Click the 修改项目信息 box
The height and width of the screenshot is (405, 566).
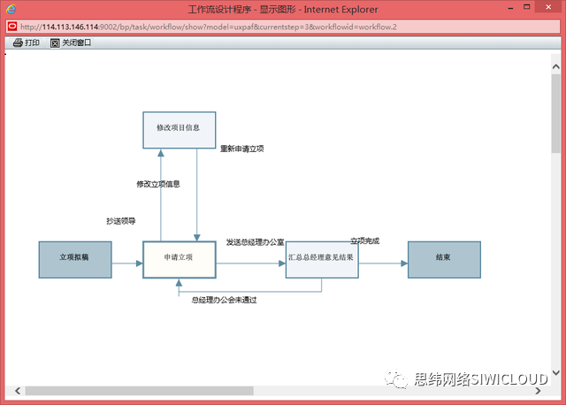[x=179, y=128]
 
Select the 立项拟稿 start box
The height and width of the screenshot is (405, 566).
[x=75, y=259]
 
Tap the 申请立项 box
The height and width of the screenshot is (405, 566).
[x=180, y=259]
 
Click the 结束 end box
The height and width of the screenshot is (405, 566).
[x=444, y=259]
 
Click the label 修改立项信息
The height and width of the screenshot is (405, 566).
[x=158, y=185]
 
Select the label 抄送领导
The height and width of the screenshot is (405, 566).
[x=120, y=221]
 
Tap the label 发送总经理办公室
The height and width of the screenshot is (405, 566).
[x=255, y=241]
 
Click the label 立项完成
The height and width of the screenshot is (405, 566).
[x=364, y=241]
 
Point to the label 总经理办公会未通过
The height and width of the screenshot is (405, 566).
[x=224, y=300]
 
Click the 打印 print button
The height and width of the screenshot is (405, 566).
[x=27, y=42]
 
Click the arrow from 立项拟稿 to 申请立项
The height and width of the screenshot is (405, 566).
[x=127, y=264]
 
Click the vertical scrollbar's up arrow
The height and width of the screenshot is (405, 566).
[x=555, y=62]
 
